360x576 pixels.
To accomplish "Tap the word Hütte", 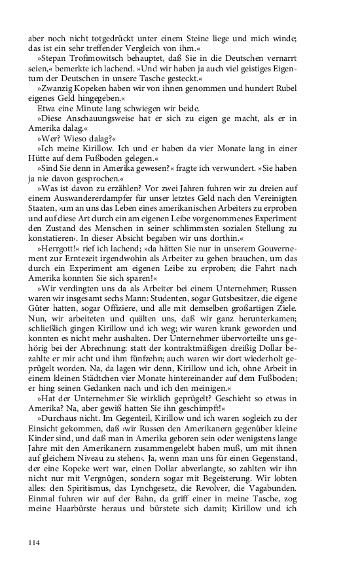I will coord(41,158).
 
